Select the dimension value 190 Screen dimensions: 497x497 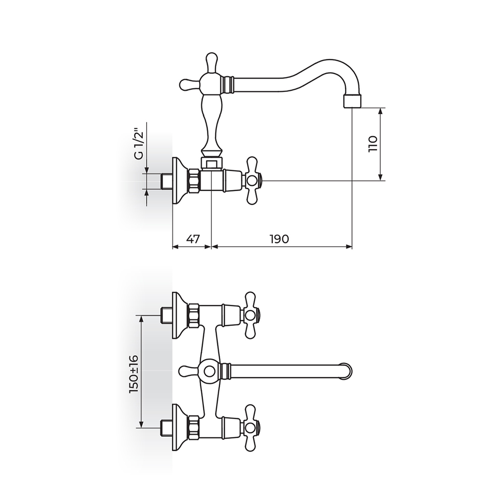[279, 239]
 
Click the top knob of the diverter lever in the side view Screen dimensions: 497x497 [212, 59]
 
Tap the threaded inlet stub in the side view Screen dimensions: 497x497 [166, 181]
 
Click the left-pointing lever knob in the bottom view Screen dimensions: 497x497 [187, 371]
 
